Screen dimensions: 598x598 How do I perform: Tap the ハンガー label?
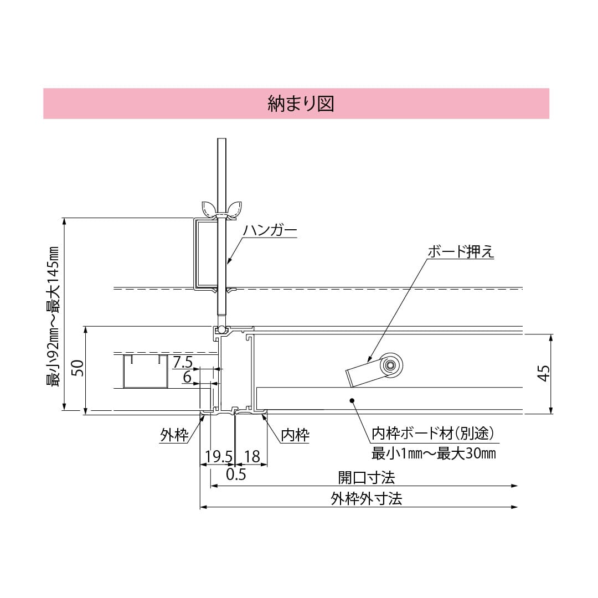(x=270, y=231)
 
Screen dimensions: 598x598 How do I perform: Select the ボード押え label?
(x=460, y=251)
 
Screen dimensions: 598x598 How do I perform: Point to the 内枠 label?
(x=295, y=435)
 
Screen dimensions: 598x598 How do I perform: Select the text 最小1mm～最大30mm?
(x=433, y=454)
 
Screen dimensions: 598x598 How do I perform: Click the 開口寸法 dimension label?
(x=366, y=477)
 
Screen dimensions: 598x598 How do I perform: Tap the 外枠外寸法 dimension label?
(x=366, y=498)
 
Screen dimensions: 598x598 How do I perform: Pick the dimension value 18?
(x=252, y=456)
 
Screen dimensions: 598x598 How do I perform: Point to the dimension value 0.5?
(x=236, y=475)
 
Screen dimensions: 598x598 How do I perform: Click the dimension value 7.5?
(x=182, y=363)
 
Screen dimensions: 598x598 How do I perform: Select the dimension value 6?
(x=187, y=378)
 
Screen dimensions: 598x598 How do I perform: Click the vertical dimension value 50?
(x=78, y=368)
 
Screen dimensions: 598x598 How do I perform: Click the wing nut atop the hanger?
(x=222, y=209)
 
